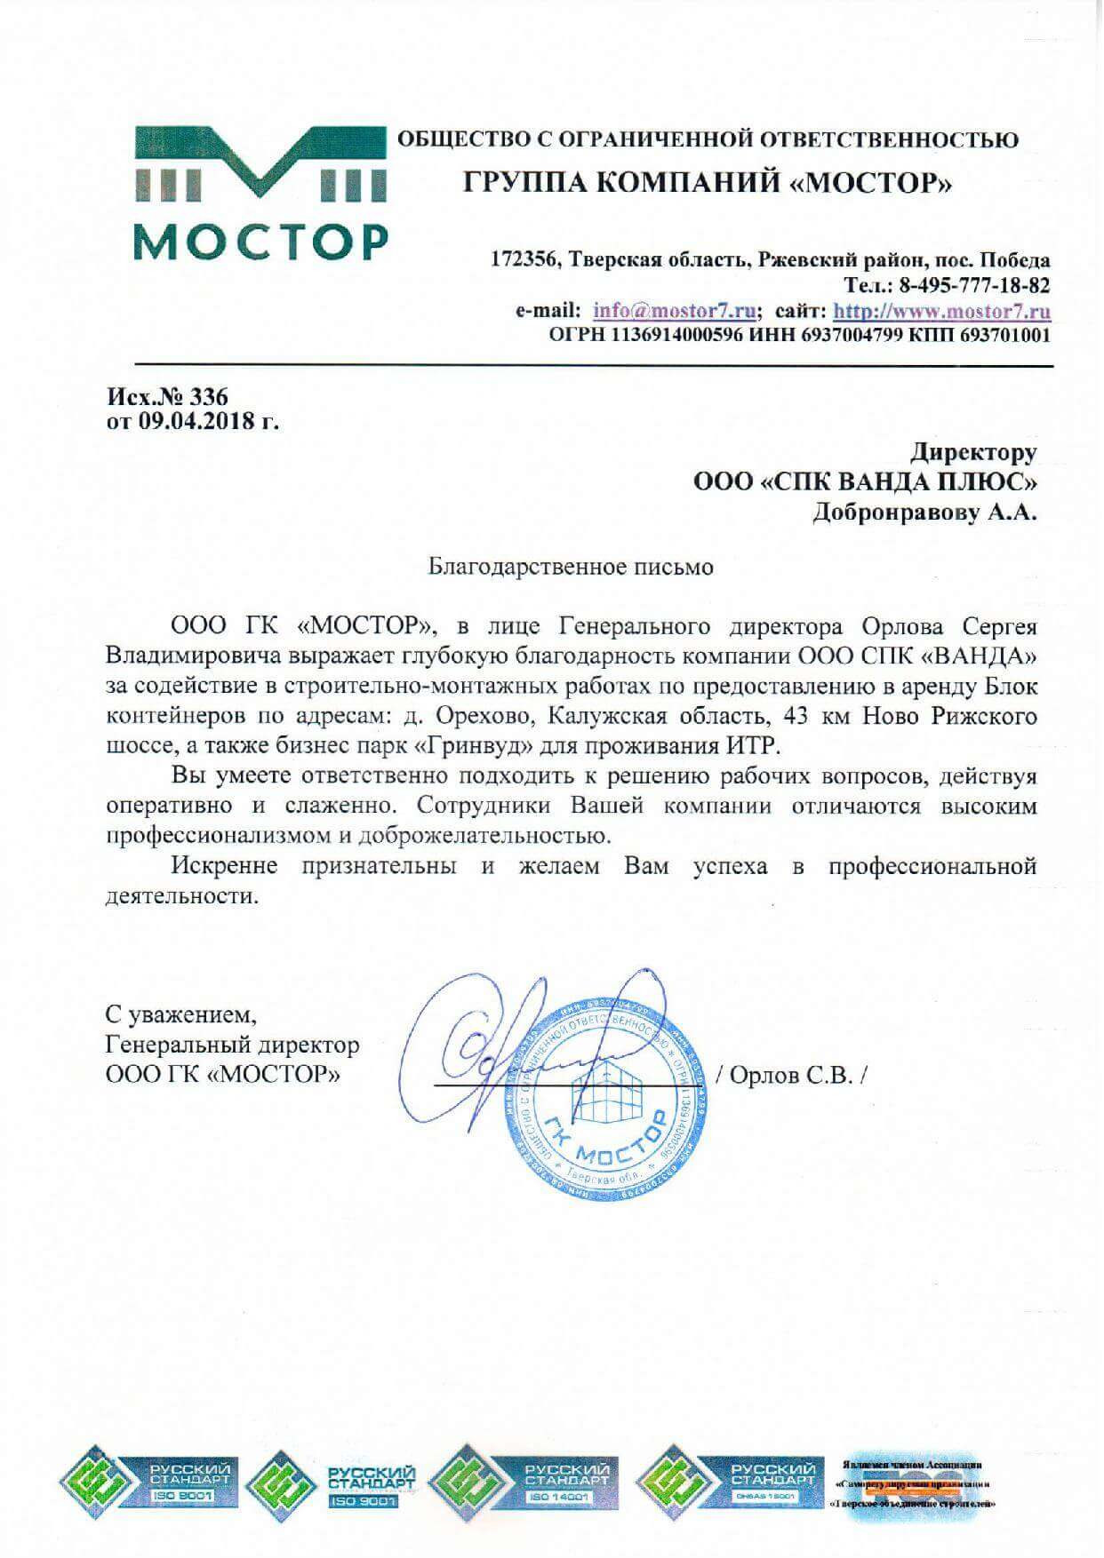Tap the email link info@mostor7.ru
pos(676,312)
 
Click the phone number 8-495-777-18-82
pos(975,286)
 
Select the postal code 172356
pos(524,260)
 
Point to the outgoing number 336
pos(209,396)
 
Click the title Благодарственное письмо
pos(571,566)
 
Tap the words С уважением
pos(180,1013)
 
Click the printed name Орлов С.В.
pos(796,1076)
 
